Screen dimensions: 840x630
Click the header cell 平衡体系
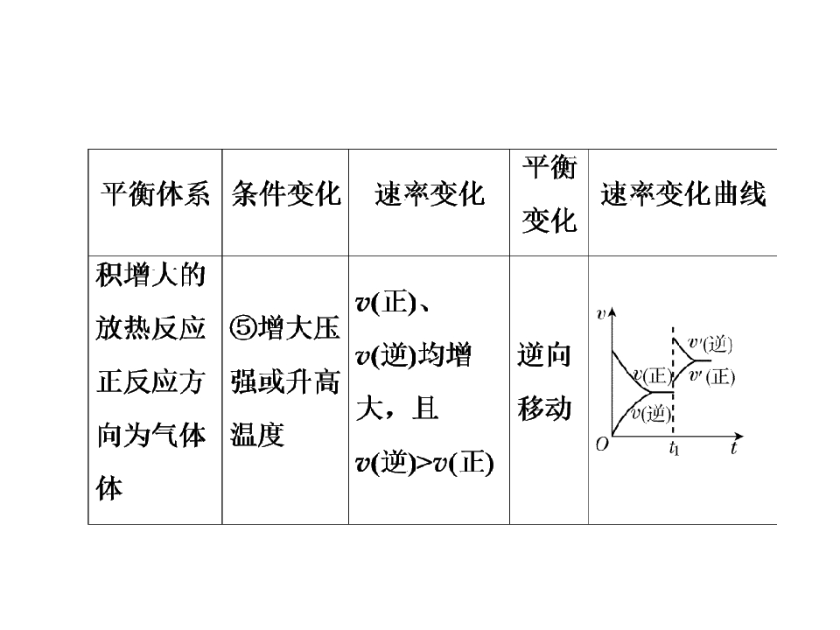pyautogui.click(x=155, y=194)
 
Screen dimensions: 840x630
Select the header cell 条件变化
pyautogui.click(x=286, y=194)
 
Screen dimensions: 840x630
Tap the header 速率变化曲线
pyautogui.click(x=683, y=194)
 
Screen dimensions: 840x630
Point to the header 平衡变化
pyautogui.click(x=549, y=194)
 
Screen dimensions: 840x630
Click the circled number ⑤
pyautogui.click(x=243, y=327)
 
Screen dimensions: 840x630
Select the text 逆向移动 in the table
pyautogui.click(x=544, y=381)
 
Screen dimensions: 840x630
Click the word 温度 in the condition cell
pyautogui.click(x=257, y=435)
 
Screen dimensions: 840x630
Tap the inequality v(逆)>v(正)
pyautogui.click(x=424, y=462)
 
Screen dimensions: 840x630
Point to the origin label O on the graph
pyautogui.click(x=602, y=444)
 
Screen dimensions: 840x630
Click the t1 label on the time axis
pyautogui.click(x=674, y=448)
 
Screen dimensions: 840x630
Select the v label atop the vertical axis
pyautogui.click(x=600, y=314)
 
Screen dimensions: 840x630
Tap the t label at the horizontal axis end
pyautogui.click(x=734, y=448)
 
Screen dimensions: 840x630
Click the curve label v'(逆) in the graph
pyautogui.click(x=710, y=344)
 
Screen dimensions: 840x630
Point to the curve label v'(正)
pyautogui.click(x=712, y=376)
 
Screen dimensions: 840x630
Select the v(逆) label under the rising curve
pyautogui.click(x=651, y=414)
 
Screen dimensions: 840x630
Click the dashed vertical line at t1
pyautogui.click(x=673, y=381)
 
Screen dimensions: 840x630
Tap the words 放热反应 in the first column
pyautogui.click(x=151, y=328)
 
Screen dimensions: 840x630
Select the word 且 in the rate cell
pyautogui.click(x=425, y=409)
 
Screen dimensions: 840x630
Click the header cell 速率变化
pyautogui.click(x=430, y=194)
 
